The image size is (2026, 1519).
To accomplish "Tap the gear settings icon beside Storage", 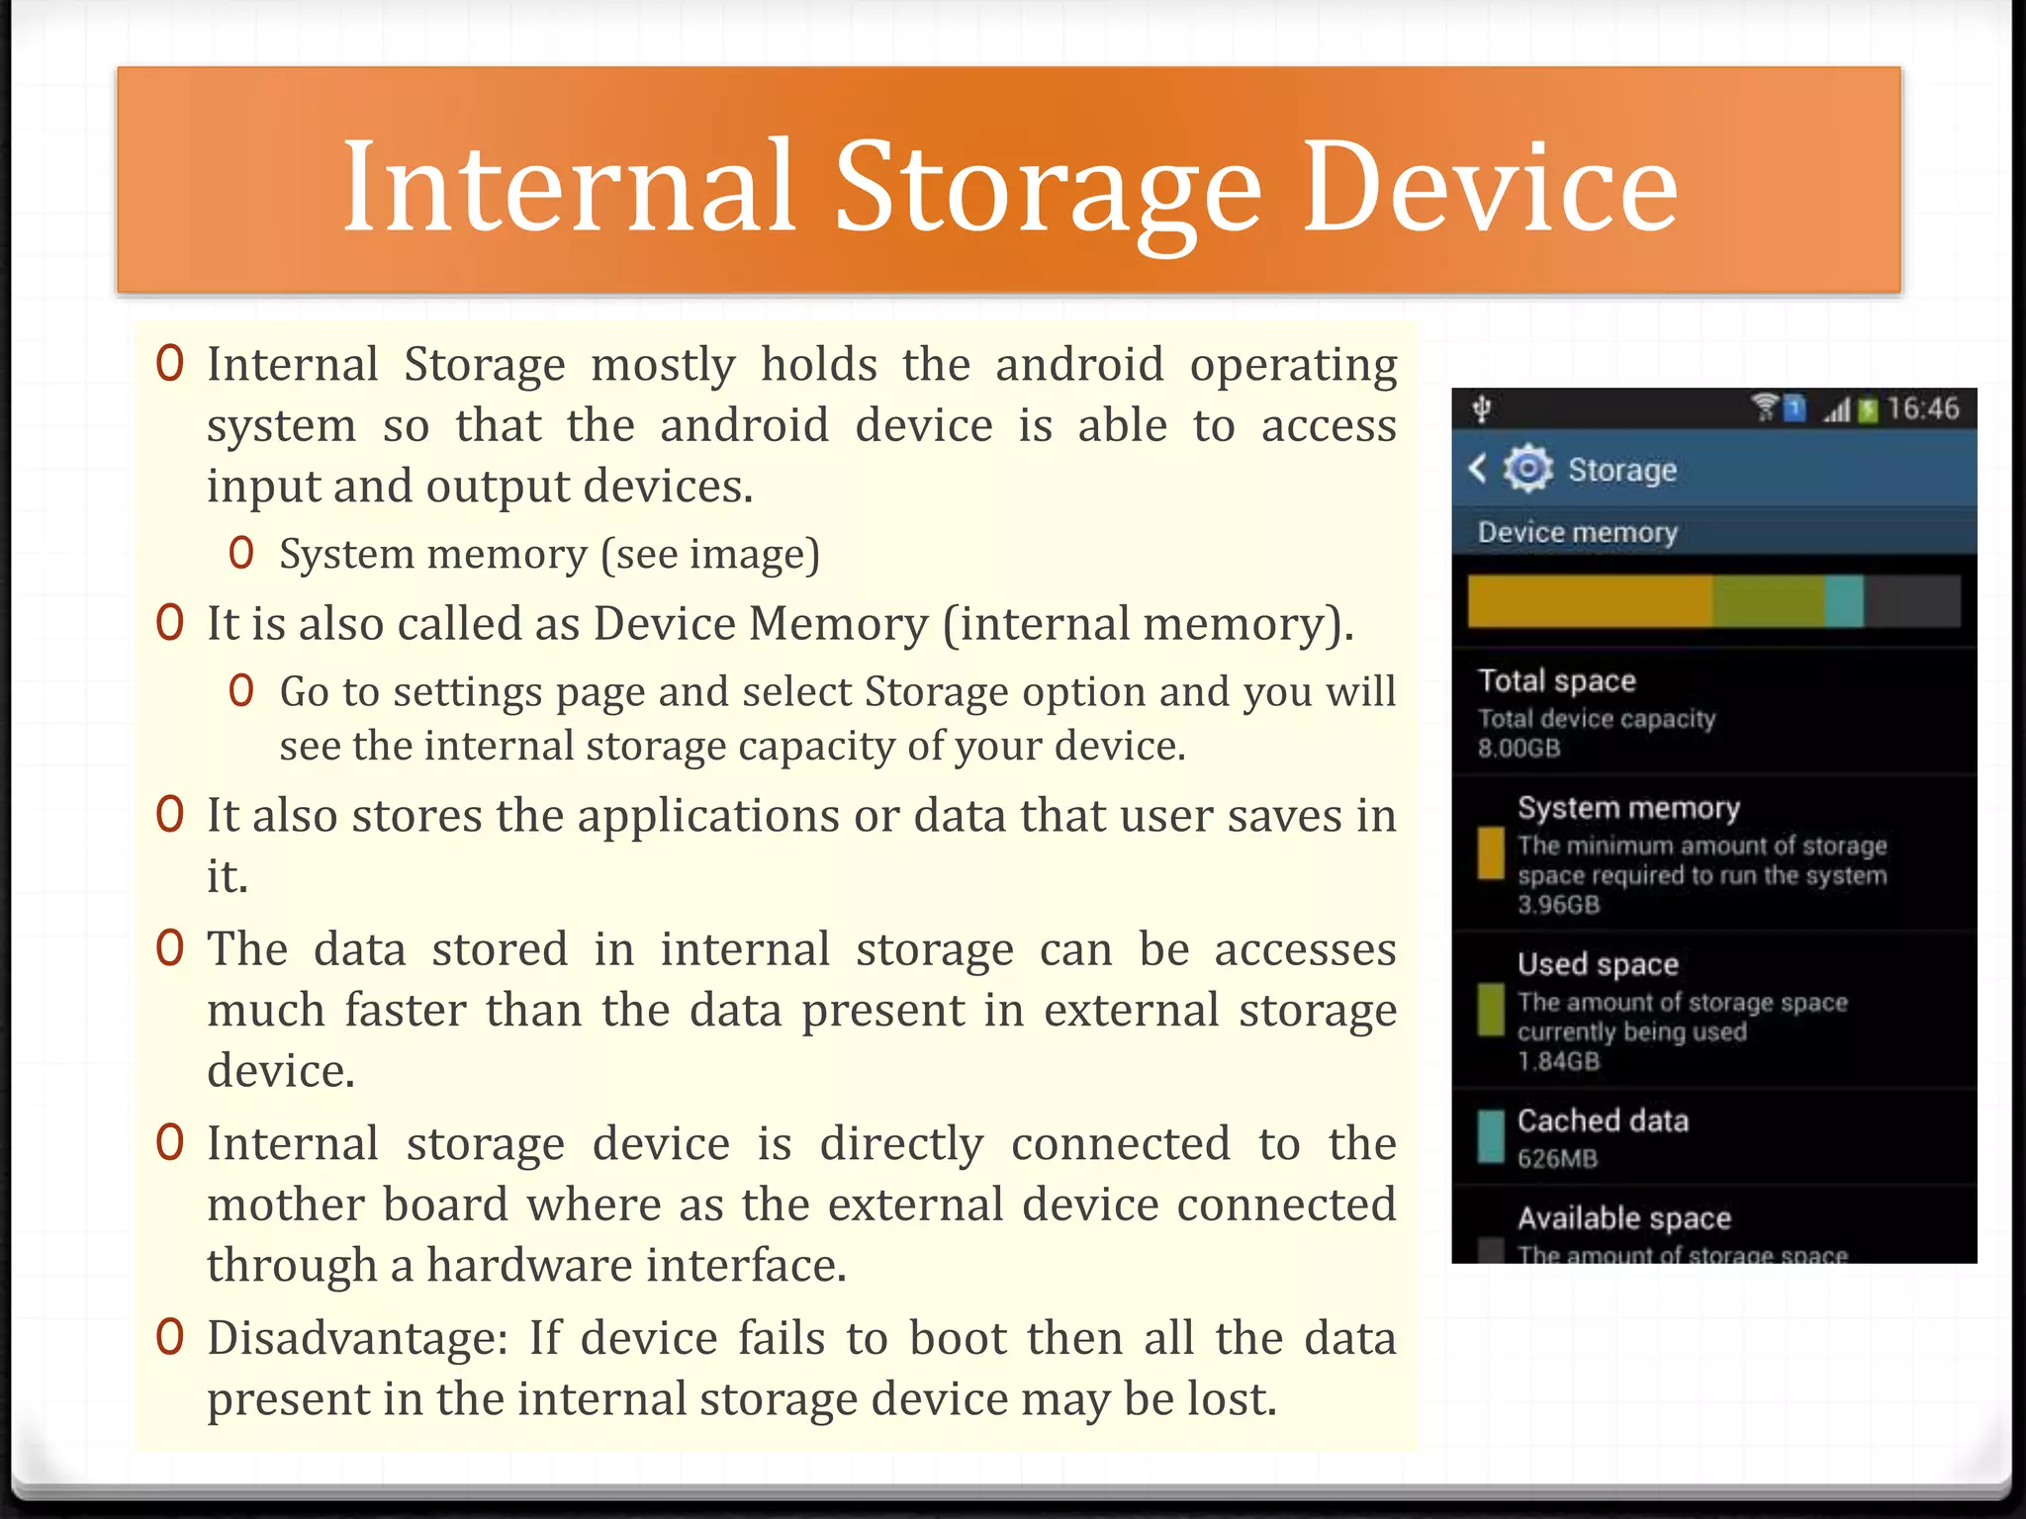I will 1527,469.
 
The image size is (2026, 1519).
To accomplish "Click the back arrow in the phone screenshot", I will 1478,468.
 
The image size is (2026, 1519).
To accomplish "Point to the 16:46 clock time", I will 1922,408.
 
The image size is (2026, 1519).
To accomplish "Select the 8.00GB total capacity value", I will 1519,748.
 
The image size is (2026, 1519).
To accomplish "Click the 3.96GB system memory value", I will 1558,905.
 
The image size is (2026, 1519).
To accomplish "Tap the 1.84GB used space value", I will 1558,1061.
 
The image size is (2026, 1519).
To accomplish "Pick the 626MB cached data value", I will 1557,1158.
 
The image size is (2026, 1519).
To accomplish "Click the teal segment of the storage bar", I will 1843,600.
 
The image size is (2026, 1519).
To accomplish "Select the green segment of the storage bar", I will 1768,600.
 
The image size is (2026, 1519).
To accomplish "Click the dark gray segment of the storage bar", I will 1911,600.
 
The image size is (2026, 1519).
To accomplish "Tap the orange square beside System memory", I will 1490,852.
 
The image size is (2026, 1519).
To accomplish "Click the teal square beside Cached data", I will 1490,1136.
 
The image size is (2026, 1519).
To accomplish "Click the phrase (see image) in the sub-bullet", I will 710,554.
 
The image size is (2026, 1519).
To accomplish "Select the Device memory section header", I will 1577,532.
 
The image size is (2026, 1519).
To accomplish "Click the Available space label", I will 1623,1218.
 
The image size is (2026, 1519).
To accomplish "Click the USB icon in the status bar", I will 1481,408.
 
